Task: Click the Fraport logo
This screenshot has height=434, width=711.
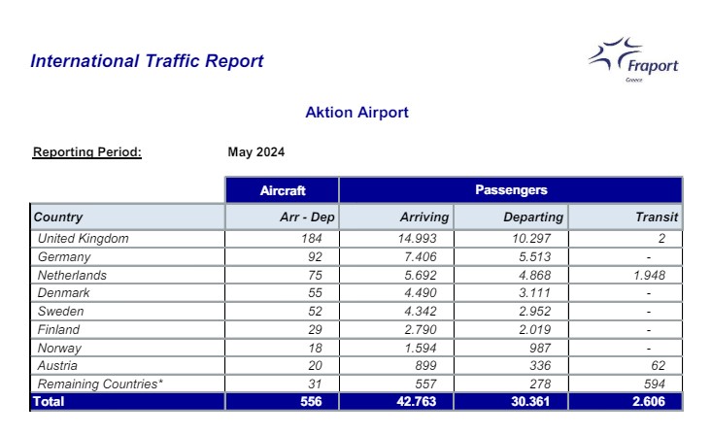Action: tap(633, 59)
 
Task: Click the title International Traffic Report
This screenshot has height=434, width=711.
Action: tap(147, 61)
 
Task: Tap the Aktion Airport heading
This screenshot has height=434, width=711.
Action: tap(356, 113)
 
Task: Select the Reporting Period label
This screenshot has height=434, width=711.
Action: tap(87, 152)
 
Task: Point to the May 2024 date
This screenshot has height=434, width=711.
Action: tap(256, 151)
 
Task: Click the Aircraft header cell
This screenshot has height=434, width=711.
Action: tap(282, 190)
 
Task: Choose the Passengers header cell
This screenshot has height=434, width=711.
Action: tap(511, 190)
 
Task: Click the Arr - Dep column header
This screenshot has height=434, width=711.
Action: tap(307, 217)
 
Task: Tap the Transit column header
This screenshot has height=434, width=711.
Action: tap(657, 217)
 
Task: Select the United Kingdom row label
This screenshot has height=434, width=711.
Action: tap(83, 238)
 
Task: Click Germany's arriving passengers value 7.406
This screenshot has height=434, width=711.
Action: tap(421, 257)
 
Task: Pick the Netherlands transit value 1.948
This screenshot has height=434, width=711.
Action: tap(650, 275)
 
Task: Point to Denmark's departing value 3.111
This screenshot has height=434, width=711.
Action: tap(535, 292)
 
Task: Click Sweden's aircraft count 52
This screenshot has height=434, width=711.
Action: tap(315, 312)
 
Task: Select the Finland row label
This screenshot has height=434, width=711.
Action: tap(58, 329)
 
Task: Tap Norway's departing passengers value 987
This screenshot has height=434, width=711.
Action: tap(540, 348)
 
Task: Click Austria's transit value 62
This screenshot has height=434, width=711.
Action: tap(658, 365)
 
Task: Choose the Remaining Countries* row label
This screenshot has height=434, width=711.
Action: tap(100, 384)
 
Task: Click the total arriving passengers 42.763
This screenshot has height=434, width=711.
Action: tap(417, 401)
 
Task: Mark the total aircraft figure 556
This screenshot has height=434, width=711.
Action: tap(311, 401)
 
